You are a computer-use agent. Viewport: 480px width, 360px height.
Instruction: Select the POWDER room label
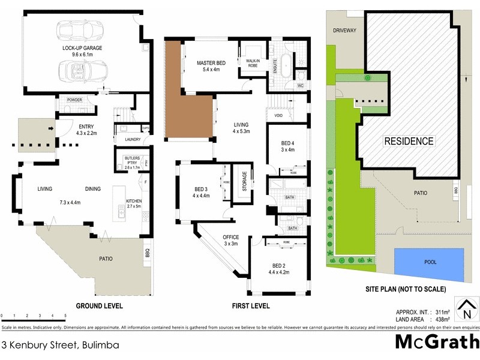pos(75,100)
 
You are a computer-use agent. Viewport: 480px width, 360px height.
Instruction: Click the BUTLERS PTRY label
pos(132,159)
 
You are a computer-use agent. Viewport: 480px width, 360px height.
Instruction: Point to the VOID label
pos(278,115)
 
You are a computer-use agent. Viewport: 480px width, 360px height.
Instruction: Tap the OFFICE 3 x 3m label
pos(231,241)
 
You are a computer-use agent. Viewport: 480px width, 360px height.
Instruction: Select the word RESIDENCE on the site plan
pos(409,142)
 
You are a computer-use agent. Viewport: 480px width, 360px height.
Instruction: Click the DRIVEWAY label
pos(345,30)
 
